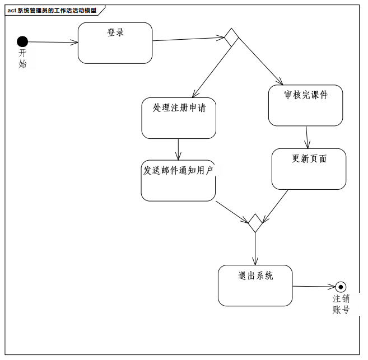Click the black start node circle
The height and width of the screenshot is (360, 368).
[22, 41]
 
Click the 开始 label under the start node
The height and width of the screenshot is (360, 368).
[22, 58]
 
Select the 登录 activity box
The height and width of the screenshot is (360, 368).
[115, 43]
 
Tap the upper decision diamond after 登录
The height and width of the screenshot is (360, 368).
[231, 38]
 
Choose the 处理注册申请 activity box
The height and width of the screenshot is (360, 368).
[179, 118]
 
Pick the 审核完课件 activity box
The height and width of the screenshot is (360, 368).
[305, 105]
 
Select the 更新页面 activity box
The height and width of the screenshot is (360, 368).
[309, 169]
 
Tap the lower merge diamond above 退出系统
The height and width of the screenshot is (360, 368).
[255, 223]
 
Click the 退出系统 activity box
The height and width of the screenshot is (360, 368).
[255, 286]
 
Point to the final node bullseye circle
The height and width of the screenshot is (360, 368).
[341, 287]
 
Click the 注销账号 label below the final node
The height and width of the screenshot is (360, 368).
[341, 304]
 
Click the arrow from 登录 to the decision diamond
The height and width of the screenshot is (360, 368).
[188, 39]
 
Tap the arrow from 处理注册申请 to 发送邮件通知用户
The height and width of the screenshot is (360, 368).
[178, 149]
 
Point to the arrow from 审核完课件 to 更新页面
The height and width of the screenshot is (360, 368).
[307, 137]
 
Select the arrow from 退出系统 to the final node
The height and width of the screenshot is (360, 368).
[314, 287]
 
